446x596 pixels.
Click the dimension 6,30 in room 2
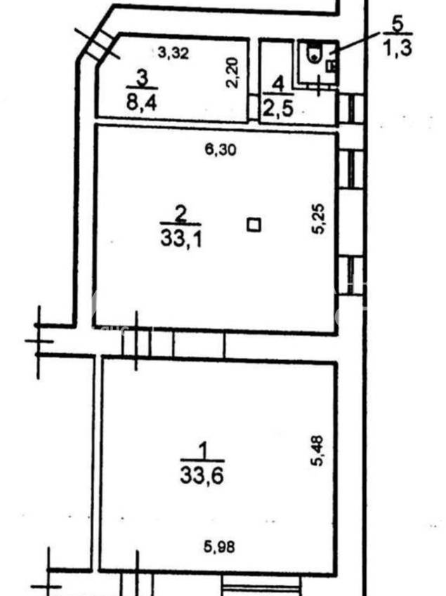coord(220,150)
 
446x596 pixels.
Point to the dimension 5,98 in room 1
coord(219,547)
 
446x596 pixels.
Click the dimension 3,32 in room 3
coord(173,53)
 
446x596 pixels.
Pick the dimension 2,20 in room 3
coord(232,72)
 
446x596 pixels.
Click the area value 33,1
coord(181,240)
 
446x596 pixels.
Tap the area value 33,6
coord(202,475)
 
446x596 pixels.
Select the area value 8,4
coord(141,102)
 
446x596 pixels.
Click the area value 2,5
coord(279,108)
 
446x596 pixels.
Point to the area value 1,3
coord(398,48)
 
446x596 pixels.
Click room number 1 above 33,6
coord(204,451)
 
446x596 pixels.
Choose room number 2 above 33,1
coord(181,214)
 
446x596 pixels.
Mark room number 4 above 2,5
coord(280,84)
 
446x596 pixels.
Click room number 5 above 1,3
coord(398,25)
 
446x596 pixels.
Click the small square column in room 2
coord(254,225)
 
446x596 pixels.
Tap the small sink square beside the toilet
coord(331,66)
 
